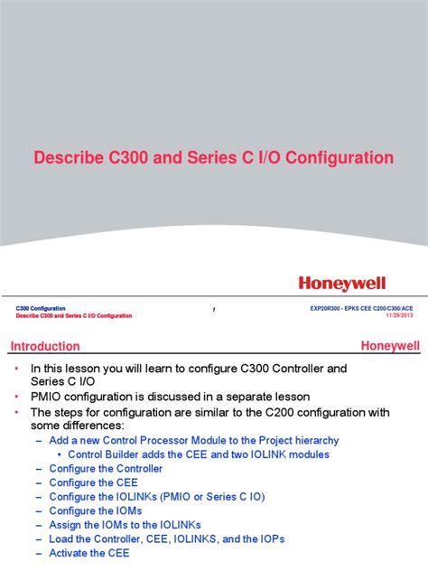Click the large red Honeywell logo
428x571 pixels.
(355, 284)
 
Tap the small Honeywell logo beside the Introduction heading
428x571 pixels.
(390, 345)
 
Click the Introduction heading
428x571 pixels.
(45, 346)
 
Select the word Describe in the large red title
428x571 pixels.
(70, 158)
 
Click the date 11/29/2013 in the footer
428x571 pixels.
(398, 315)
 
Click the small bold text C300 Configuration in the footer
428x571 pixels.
(41, 309)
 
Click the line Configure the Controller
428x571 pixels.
(106, 469)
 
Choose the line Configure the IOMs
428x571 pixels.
(95, 511)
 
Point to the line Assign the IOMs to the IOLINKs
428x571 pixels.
(125, 525)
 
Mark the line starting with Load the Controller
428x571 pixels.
(166, 538)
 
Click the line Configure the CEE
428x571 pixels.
(93, 483)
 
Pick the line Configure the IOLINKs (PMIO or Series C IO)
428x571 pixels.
(154, 497)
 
